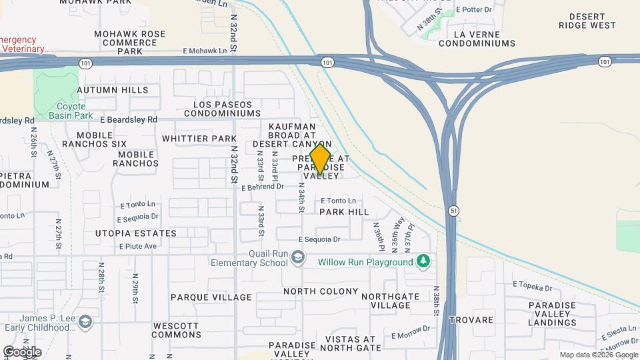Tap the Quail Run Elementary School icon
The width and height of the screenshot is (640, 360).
coord(298,257)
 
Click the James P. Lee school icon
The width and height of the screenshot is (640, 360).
coord(85,323)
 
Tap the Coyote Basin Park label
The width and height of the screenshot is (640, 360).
coord(67,111)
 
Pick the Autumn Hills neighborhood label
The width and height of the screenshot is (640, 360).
coord(113,90)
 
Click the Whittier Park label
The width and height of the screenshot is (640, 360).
coord(199,139)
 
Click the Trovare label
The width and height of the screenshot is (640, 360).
coord(471,321)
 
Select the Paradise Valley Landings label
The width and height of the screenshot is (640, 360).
coord(552,314)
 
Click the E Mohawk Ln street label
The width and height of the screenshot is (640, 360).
coord(205,51)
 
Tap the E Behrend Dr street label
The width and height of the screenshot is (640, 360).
coord(263,187)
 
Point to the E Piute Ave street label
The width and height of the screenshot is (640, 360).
coord(137,246)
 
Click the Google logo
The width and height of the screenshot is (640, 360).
coord(22,351)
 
